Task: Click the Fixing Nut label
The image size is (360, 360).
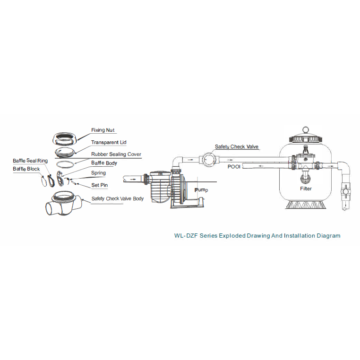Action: click(x=103, y=130)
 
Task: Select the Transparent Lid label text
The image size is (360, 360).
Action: click(x=109, y=142)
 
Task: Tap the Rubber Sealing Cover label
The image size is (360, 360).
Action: click(x=116, y=154)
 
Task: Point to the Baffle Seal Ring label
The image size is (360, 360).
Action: click(x=30, y=161)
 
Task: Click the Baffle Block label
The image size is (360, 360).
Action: click(x=26, y=169)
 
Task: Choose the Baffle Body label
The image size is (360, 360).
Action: click(x=104, y=163)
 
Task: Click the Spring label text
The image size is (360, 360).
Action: click(x=98, y=173)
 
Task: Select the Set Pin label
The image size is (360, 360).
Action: click(x=99, y=185)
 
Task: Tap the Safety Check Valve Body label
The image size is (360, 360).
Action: click(x=118, y=198)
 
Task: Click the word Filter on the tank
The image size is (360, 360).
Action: click(x=306, y=189)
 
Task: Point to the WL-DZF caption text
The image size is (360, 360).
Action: click(x=257, y=235)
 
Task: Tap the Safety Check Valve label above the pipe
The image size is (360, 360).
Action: click(x=237, y=147)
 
